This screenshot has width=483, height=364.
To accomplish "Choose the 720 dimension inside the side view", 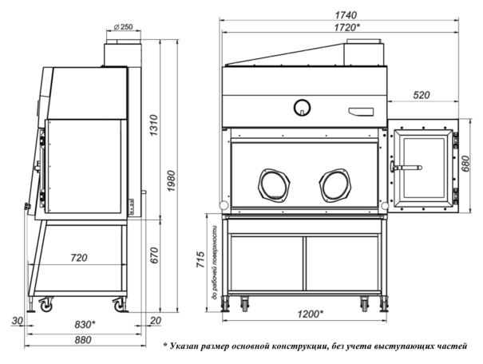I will point(78,259).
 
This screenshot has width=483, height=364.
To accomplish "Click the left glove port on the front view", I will point(274,184).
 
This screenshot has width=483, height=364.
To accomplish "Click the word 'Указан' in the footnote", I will point(192,346).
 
